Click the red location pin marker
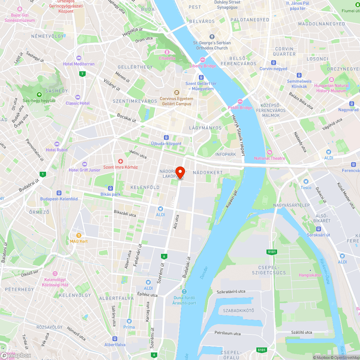click(x=180, y=173)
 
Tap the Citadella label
click(x=167, y=58)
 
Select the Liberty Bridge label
click(x=203, y=66)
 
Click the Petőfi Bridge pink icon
click(x=240, y=102)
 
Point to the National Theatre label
click(x=270, y=158)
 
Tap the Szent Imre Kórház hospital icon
click(x=121, y=161)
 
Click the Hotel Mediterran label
click(x=78, y=64)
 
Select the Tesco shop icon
click(x=306, y=181)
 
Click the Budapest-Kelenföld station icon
click(x=59, y=193)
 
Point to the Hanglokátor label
click(x=310, y=275)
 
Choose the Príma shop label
click(x=129, y=327)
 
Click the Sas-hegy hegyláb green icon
click(x=39, y=95)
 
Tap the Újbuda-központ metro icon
click(x=166, y=138)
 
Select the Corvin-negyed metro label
click(x=274, y=69)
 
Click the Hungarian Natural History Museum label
click(x=331, y=88)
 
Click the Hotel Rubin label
click(x=57, y=150)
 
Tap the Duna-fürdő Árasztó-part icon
click(x=184, y=292)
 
